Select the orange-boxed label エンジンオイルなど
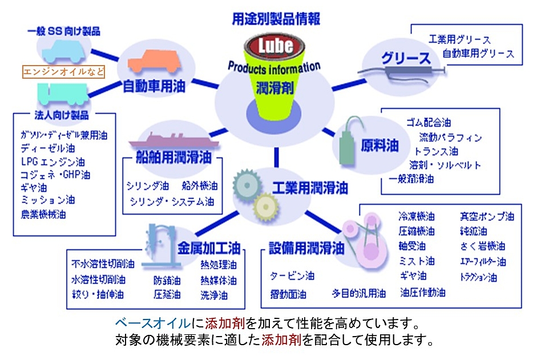click(63, 72)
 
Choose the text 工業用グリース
click(459, 40)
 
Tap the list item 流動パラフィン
click(450, 137)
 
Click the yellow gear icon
click(265, 205)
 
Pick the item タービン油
click(292, 276)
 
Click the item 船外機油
click(199, 186)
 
